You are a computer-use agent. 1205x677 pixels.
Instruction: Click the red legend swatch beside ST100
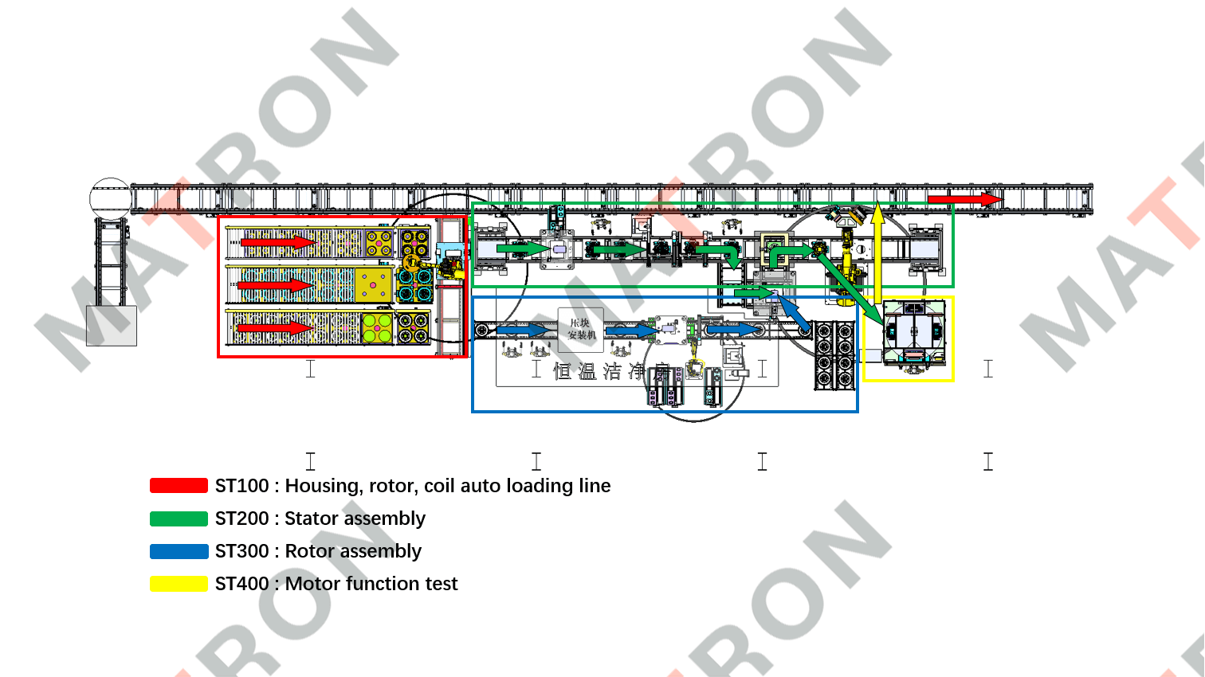pos(179,486)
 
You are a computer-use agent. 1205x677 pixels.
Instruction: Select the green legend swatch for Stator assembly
pos(179,519)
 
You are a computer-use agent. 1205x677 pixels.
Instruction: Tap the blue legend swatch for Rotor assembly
pos(179,551)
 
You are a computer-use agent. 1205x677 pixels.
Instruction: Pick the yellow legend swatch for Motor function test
pos(179,584)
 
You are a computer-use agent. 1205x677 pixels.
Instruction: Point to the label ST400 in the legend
pos(241,584)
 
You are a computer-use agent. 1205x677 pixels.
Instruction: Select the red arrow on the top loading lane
pos(278,242)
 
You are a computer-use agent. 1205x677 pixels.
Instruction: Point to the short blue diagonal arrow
pos(794,314)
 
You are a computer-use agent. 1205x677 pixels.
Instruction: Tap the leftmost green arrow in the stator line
pos(522,249)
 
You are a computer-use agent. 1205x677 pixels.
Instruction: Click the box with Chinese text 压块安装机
pos(581,329)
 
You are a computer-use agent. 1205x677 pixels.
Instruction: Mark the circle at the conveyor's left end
pos(110,198)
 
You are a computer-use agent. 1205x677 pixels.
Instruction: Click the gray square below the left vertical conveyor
pos(112,326)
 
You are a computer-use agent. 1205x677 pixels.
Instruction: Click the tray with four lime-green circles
pos(377,327)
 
